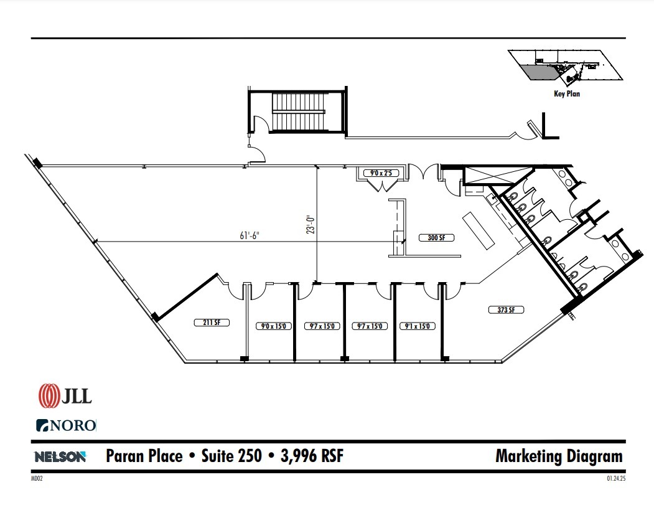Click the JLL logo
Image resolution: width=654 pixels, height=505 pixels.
click(x=65, y=396)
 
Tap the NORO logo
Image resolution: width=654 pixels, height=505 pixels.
click(x=66, y=426)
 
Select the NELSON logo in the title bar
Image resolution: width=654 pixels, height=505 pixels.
click(x=60, y=456)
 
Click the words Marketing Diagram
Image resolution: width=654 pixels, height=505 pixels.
click(x=558, y=456)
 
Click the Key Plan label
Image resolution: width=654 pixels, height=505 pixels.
click(x=567, y=95)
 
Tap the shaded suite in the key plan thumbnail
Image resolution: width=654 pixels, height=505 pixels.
click(x=539, y=73)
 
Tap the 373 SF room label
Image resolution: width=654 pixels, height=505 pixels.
click(x=507, y=309)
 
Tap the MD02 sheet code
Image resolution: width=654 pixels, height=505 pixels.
click(x=35, y=479)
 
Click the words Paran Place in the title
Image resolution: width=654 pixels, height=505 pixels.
click(x=144, y=456)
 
